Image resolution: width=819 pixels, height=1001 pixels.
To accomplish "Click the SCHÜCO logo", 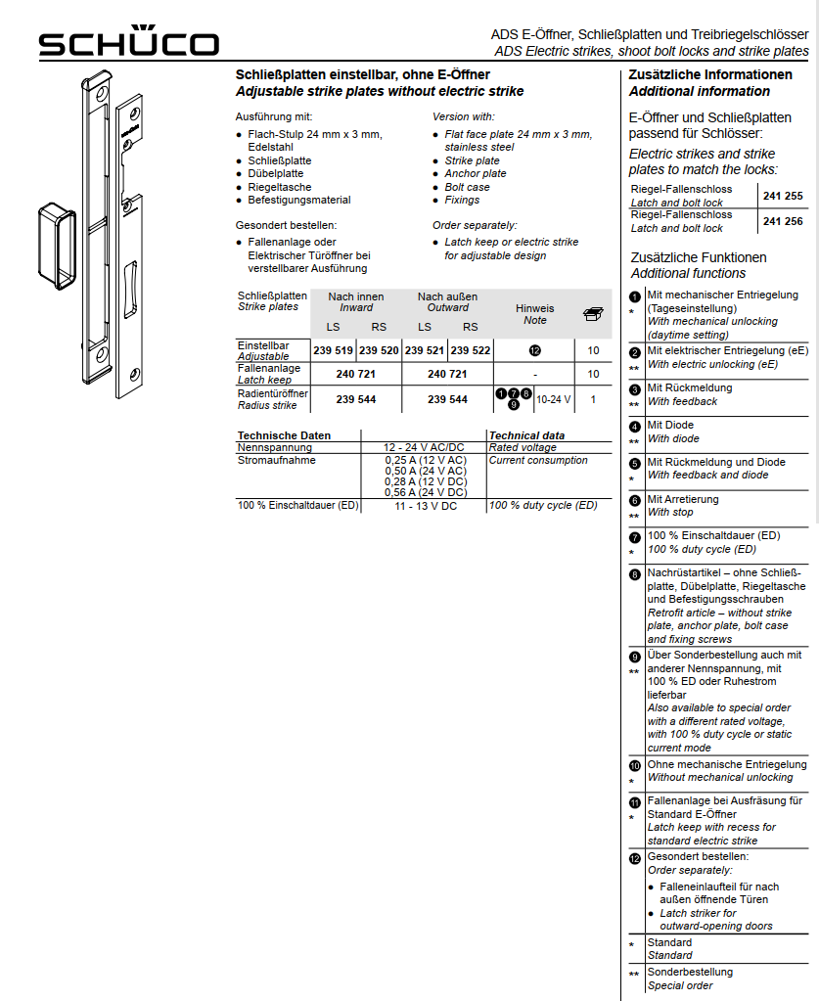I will (x=127, y=44).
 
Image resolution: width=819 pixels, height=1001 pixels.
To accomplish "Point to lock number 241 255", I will (x=783, y=196).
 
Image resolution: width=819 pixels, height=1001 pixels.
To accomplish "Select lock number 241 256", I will (x=783, y=221).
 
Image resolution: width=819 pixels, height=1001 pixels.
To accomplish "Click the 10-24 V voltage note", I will (x=554, y=399).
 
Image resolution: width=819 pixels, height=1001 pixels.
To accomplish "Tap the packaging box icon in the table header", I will (x=593, y=313).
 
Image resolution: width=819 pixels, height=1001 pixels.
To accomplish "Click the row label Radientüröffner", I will (x=273, y=393).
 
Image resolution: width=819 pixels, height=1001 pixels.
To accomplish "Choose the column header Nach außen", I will (x=447, y=296).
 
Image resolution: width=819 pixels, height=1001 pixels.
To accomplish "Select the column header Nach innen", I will (x=356, y=296).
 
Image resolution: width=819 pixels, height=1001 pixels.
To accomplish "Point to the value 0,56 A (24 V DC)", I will (x=426, y=492).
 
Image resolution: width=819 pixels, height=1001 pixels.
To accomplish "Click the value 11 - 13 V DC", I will (x=426, y=506).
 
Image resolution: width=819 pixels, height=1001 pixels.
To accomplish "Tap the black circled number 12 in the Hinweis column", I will (x=534, y=350).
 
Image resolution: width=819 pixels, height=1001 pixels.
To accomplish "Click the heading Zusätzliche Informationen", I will (x=710, y=74).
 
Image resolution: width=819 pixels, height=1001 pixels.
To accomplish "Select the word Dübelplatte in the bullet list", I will (x=276, y=173).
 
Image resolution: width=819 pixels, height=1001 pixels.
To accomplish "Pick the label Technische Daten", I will (x=284, y=435).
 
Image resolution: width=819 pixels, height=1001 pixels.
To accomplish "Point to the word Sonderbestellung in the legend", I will (x=690, y=973).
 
